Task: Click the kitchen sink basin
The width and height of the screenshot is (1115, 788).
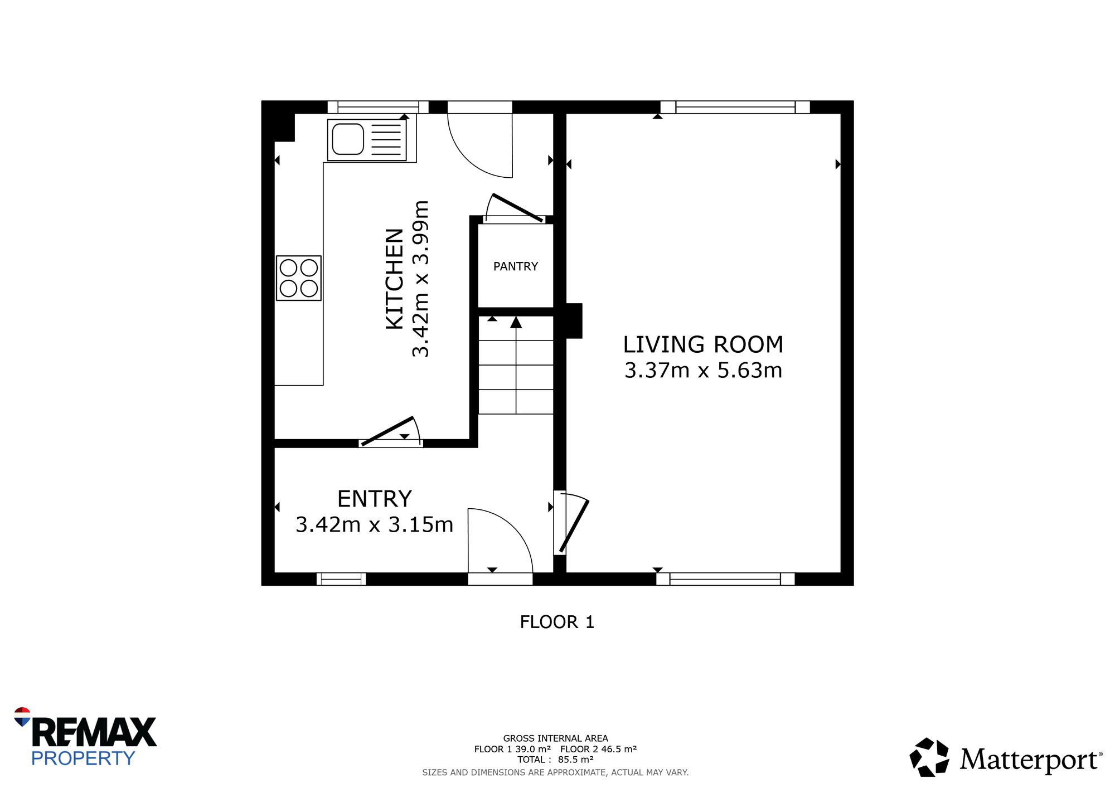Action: point(348,139)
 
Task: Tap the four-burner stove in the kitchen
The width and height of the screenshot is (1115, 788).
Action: point(299,278)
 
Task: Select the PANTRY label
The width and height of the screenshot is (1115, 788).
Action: point(516,266)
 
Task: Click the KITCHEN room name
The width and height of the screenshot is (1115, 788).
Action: point(395,279)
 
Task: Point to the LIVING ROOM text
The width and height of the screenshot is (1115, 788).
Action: point(703,344)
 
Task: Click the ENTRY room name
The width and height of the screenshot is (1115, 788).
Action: point(375,499)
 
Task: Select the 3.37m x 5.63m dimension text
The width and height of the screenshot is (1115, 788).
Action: point(703,371)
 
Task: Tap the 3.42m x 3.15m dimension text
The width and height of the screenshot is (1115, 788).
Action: point(375,525)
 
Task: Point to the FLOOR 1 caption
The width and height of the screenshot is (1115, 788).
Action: point(557,622)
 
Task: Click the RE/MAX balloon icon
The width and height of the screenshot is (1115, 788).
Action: point(22,717)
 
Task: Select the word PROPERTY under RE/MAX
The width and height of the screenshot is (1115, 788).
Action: point(83,758)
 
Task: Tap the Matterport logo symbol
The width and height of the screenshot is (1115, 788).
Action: point(929,757)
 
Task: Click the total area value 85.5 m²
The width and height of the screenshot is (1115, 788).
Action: point(575,760)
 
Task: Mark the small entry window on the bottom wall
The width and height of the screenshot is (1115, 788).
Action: point(341,579)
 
